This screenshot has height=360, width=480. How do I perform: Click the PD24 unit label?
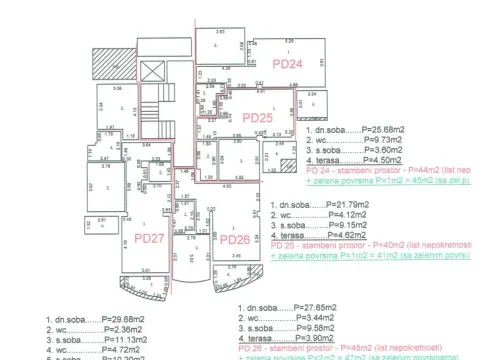[287, 63]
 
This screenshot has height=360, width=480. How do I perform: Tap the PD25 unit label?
[258, 117]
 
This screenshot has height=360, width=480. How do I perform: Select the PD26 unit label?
[233, 239]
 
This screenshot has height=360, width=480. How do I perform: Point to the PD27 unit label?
[149, 239]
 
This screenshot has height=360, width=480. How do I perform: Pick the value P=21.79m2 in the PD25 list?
[341, 204]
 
